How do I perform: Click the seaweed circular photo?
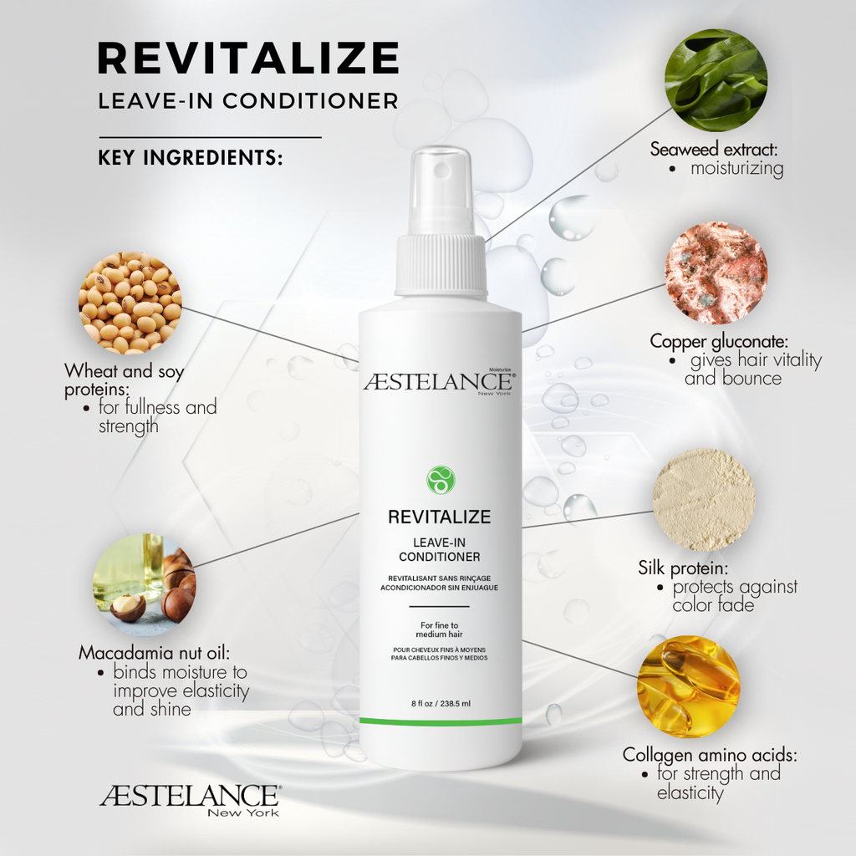(x=716, y=79)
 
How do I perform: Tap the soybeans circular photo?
(x=130, y=303)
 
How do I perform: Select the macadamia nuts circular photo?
(x=144, y=584)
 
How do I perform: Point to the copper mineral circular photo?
(x=716, y=273)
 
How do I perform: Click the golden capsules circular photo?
(x=689, y=686)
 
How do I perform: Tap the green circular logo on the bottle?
(x=440, y=480)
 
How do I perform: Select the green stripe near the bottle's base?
(x=441, y=721)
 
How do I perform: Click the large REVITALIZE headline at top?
(x=248, y=58)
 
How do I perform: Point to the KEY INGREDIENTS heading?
(x=191, y=157)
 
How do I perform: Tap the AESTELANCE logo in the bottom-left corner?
(x=191, y=800)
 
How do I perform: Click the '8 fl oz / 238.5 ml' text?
(x=441, y=704)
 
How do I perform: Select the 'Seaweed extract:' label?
(x=714, y=149)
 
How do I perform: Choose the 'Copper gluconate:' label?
(x=719, y=341)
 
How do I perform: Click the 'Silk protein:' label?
(x=683, y=568)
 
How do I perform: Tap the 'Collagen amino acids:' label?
(x=710, y=755)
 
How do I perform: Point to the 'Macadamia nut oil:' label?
(x=154, y=653)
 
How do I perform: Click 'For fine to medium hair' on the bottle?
(x=440, y=629)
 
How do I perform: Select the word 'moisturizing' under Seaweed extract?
(x=737, y=169)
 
